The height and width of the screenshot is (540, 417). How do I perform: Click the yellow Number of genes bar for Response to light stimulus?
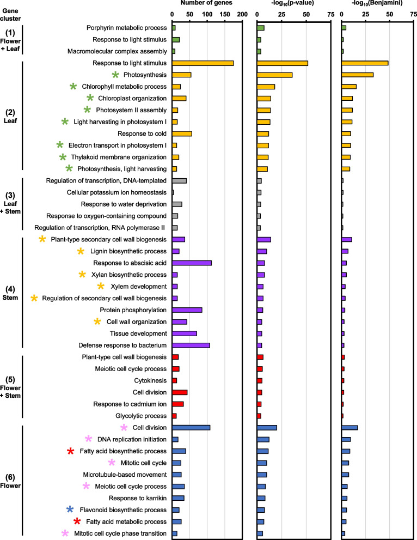click(203, 63)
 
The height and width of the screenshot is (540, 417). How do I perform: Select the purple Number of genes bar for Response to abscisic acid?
click(192, 263)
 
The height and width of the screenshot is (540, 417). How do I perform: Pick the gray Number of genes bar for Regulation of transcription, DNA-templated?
click(179, 180)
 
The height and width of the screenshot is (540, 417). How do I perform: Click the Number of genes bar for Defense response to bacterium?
click(191, 345)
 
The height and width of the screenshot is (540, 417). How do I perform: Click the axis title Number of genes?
click(206, 3)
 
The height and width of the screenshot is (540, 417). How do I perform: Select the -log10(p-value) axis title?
click(293, 4)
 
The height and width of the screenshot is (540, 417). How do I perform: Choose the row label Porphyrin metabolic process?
click(126, 28)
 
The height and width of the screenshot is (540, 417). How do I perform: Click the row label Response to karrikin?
click(138, 498)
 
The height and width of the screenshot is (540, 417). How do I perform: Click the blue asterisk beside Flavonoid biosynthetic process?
click(70, 509)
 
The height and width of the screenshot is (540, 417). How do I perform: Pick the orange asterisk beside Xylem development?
click(100, 287)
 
